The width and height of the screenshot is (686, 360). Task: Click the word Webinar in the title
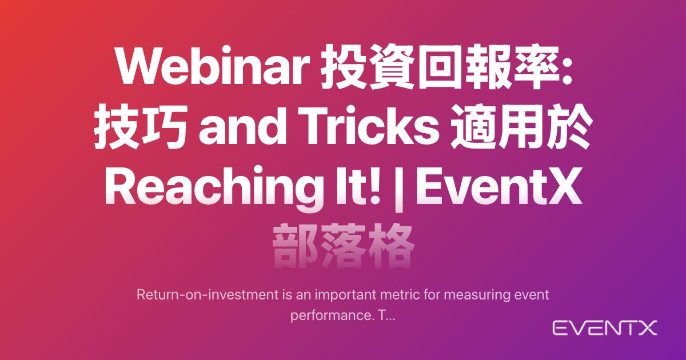(x=212, y=66)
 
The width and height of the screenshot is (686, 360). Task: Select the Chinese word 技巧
(x=141, y=126)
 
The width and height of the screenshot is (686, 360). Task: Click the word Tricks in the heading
(x=369, y=126)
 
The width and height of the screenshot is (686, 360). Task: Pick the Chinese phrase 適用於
(x=521, y=126)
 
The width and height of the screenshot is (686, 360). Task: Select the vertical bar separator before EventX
(x=399, y=188)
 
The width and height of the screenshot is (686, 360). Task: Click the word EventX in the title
(x=499, y=186)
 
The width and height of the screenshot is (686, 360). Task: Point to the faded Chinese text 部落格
(x=344, y=246)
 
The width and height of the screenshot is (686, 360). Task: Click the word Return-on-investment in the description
(x=208, y=295)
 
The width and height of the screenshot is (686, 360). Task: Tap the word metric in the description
(x=400, y=295)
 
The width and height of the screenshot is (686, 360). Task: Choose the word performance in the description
(x=332, y=315)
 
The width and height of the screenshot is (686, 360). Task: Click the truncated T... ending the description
(x=387, y=315)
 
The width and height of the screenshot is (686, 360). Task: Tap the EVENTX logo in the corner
(x=605, y=328)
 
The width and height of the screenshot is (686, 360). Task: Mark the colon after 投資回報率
(x=567, y=69)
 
